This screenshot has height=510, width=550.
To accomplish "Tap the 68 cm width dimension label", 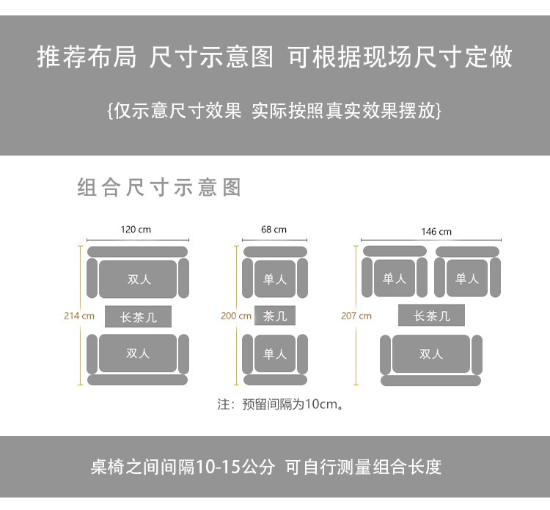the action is pyautogui.click(x=274, y=230).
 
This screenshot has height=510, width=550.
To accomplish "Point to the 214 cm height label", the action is pyautogui.click(x=79, y=316).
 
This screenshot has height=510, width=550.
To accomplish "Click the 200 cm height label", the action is pyautogui.click(x=236, y=316).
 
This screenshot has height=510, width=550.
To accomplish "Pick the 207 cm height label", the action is pyautogui.click(x=356, y=316).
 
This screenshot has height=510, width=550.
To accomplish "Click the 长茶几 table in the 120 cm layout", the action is pyautogui.click(x=138, y=317).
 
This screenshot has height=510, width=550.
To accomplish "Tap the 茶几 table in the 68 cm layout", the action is pyautogui.click(x=275, y=316).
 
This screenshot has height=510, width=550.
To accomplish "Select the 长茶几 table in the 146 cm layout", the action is pyautogui.click(x=431, y=316).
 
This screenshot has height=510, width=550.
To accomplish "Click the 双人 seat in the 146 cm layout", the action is pyautogui.click(x=431, y=354).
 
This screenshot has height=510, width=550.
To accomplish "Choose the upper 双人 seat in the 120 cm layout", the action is pyautogui.click(x=139, y=279).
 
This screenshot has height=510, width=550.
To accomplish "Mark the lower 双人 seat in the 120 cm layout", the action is pyautogui.click(x=138, y=353).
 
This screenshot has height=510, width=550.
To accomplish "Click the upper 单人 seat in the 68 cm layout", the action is pyautogui.click(x=275, y=279).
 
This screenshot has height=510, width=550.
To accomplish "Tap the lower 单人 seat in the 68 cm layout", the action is pyautogui.click(x=275, y=354).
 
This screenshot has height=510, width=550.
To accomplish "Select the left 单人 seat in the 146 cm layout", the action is pyautogui.click(x=395, y=278).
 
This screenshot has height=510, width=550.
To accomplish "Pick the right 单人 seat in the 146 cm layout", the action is pyautogui.click(x=467, y=278).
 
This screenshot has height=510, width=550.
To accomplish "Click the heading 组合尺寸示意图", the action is pyautogui.click(x=159, y=187).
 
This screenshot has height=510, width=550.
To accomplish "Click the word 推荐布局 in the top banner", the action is pyautogui.click(x=87, y=57).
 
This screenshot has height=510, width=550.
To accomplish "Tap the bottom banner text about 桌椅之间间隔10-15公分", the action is pyautogui.click(x=266, y=467).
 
